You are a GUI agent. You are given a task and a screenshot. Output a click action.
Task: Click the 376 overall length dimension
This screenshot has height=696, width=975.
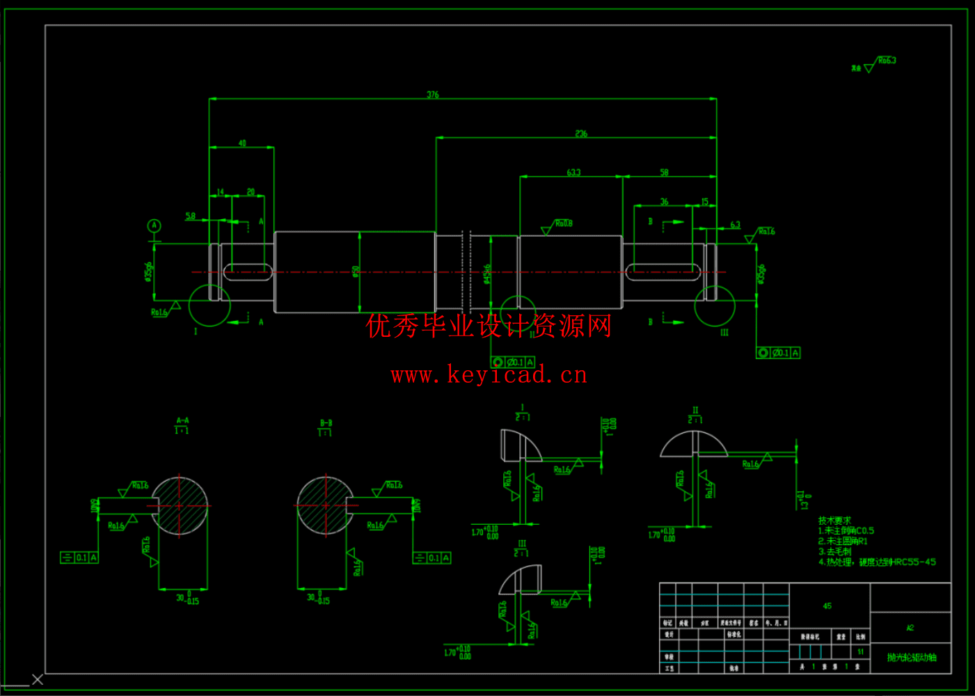tap(433, 95)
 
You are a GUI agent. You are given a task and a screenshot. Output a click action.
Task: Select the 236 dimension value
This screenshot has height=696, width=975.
tap(581, 134)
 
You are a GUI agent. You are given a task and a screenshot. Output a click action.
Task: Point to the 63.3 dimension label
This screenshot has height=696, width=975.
tap(573, 172)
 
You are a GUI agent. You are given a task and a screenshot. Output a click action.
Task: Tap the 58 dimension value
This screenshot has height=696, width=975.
tap(664, 172)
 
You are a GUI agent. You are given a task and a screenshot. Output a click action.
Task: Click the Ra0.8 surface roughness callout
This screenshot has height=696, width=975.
tap(563, 223)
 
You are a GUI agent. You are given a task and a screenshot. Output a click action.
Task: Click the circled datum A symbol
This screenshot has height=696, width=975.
tap(154, 226)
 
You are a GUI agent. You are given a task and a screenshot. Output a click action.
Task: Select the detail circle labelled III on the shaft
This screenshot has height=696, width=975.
tap(715, 306)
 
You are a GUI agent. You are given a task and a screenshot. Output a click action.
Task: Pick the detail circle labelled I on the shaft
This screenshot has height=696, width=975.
tap(209, 306)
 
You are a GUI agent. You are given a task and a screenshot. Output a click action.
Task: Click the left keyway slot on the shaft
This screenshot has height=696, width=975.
tap(248, 271)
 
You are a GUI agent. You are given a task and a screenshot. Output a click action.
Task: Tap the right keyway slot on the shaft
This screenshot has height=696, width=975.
tap(663, 271)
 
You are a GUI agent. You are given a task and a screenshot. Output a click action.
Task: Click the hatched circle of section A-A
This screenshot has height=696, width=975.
tap(180, 506)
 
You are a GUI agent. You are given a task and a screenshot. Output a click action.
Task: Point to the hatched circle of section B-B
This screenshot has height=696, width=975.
tap(325, 506)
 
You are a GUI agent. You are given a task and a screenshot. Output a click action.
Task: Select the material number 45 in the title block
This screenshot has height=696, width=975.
tap(827, 606)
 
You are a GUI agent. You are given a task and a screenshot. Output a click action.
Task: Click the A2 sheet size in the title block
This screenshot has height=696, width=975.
tap(910, 628)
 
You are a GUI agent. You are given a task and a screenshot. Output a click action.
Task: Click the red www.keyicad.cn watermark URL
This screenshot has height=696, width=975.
tap(489, 375)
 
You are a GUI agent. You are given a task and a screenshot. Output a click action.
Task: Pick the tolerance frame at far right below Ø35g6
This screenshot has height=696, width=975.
tap(778, 353)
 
